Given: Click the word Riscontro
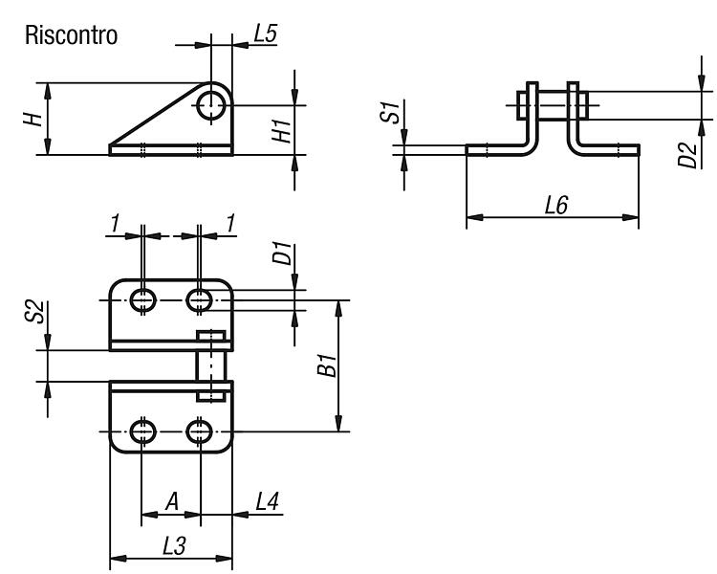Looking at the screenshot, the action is coord(71,35).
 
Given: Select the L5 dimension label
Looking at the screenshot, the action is coord(265,33).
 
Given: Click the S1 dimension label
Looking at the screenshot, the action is coord(390,113).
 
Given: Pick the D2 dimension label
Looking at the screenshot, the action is coord(687,155).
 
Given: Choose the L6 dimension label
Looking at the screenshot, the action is coord(556,205).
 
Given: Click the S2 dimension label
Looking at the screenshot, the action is coord(34,312).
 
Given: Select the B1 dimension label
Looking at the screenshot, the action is coord(327,364).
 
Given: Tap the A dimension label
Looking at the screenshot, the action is coord(171,501).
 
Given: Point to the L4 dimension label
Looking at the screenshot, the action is coord(267,501).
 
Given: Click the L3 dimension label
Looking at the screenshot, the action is coord(175,546).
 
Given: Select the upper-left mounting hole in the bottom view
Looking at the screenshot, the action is coord(143,300).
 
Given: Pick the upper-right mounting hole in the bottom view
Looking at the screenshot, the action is coord(199,300).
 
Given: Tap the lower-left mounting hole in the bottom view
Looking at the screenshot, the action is coord(143,431).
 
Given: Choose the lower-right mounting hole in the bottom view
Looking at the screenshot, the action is coord(199,431).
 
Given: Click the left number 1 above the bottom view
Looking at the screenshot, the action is coord(115,223).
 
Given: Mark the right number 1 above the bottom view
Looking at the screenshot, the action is coord(230,223).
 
